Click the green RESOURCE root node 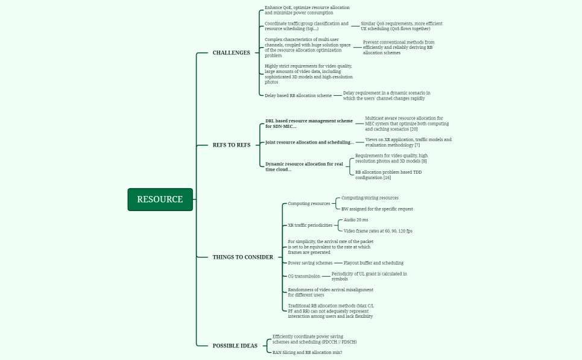[x=160, y=200]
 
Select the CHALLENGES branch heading [x=231, y=53]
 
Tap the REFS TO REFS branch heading [x=231, y=145]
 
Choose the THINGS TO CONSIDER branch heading [x=242, y=257]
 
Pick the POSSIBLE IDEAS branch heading [x=235, y=346]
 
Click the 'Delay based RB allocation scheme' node [x=298, y=95]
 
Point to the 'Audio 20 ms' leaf [x=356, y=220]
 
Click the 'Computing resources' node [x=309, y=204]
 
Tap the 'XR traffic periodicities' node [x=310, y=226]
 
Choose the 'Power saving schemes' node [x=310, y=263]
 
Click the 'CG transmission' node [x=304, y=276]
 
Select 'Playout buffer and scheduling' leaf [x=373, y=263]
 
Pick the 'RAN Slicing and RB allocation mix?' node [x=307, y=352]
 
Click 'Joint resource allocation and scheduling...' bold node [x=309, y=142]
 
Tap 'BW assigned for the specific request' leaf [x=377, y=209]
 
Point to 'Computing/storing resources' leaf [x=370, y=198]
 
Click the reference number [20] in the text [x=414, y=129]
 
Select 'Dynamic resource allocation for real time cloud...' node [x=304, y=166]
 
